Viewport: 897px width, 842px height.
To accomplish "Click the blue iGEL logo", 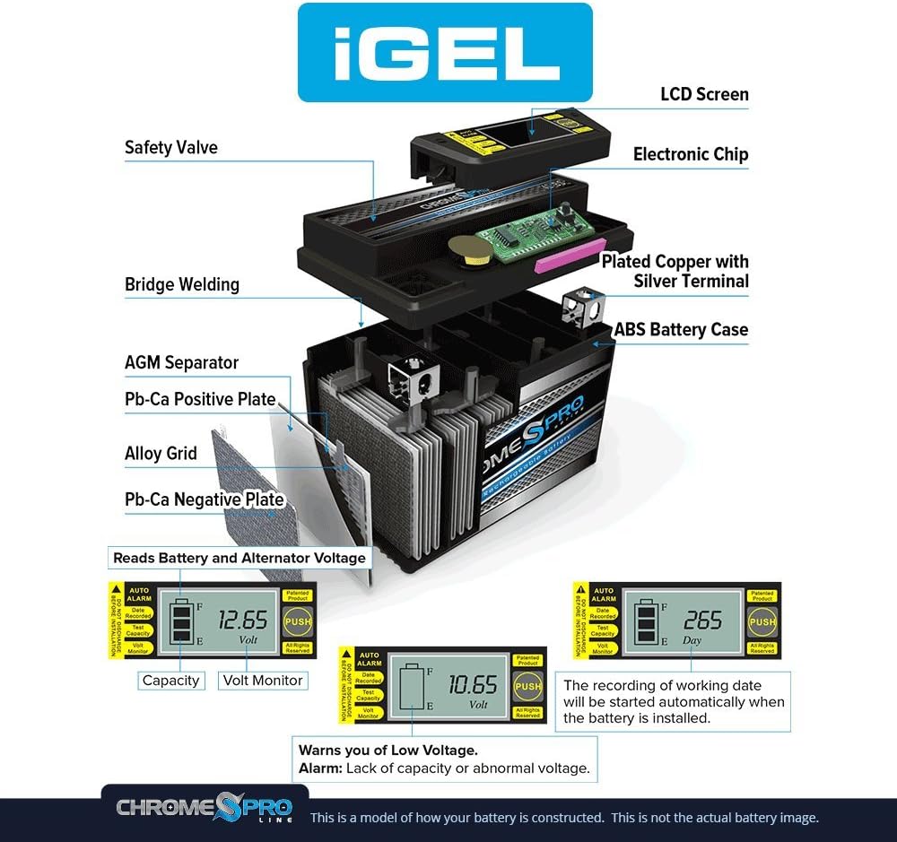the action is [445, 52].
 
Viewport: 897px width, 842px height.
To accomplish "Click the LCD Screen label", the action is [704, 94].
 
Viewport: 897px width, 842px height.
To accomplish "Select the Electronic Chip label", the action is [690, 154].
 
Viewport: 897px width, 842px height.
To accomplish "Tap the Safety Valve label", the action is [170, 147].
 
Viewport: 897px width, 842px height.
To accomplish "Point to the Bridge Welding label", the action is [182, 284].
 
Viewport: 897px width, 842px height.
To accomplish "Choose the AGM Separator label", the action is [181, 362].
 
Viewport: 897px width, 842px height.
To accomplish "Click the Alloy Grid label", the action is [161, 453].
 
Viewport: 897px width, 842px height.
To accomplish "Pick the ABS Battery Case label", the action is [681, 330].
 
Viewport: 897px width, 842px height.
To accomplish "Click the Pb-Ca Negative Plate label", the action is [205, 499].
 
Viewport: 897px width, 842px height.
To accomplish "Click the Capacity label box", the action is [170, 681].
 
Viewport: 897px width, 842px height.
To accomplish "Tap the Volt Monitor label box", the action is [263, 681].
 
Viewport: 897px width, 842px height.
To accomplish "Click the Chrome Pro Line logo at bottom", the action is [205, 808].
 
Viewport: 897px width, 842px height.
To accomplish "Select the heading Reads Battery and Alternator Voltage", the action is [239, 558].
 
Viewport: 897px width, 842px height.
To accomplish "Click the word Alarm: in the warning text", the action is [319, 768].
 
